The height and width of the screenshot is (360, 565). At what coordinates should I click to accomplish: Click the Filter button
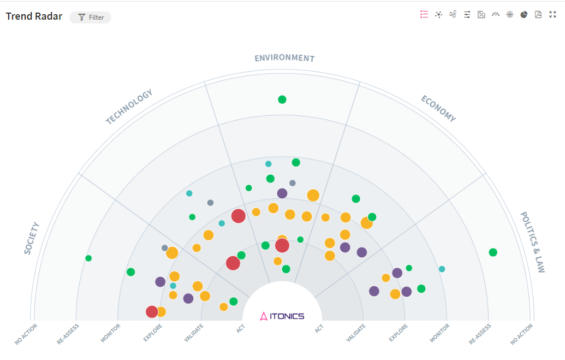tap(91, 17)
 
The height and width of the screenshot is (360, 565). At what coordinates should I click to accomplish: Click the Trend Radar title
tap(34, 16)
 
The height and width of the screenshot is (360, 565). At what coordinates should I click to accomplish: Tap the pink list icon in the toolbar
tap(424, 15)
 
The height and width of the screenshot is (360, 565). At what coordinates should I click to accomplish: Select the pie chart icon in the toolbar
tap(524, 15)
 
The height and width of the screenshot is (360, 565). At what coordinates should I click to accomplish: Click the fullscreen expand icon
tap(552, 15)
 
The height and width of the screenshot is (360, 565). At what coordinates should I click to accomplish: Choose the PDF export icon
tap(538, 15)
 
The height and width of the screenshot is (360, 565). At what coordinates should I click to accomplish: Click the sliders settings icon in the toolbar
tap(467, 15)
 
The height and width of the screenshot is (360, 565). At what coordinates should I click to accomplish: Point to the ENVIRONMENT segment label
tap(284, 58)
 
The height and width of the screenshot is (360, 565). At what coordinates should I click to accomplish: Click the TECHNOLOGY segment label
tap(129, 107)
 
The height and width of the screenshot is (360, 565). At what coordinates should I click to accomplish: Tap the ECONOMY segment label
tap(438, 108)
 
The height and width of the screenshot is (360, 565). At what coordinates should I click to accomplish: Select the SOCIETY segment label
tap(32, 238)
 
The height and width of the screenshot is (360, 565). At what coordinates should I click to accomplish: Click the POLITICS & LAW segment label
tap(532, 242)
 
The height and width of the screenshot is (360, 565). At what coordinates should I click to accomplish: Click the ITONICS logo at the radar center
tap(282, 316)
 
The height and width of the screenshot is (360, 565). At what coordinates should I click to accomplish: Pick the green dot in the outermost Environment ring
tap(282, 99)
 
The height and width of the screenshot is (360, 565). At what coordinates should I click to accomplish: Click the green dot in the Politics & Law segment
tap(493, 252)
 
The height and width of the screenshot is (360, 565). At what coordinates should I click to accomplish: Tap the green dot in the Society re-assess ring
tap(88, 258)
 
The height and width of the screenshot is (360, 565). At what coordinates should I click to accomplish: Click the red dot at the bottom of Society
tap(152, 312)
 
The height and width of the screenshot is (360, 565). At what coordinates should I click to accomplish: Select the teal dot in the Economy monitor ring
tap(442, 269)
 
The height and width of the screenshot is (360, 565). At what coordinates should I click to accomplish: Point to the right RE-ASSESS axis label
tap(480, 334)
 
